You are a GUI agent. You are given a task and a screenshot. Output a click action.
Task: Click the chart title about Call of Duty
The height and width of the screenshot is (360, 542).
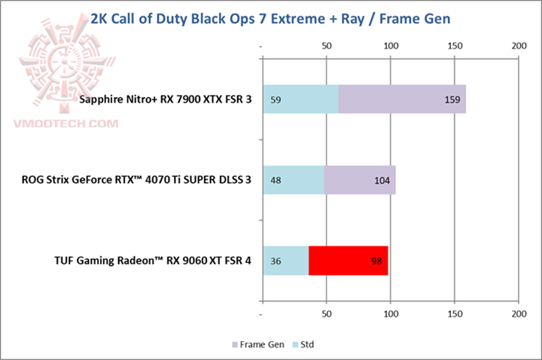pos(270,18)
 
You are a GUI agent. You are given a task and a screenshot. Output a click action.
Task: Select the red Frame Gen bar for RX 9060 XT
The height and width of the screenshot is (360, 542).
pos(349,260)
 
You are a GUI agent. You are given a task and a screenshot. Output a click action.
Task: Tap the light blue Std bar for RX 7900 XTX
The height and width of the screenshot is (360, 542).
pos(300,99)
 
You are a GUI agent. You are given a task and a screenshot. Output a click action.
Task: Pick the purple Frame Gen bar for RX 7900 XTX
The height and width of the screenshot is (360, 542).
pos(402,99)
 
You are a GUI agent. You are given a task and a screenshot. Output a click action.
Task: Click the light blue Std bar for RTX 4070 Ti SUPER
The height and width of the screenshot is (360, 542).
pos(293,180)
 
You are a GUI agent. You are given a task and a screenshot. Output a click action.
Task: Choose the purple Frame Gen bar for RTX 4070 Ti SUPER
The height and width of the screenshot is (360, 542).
pos(360,180)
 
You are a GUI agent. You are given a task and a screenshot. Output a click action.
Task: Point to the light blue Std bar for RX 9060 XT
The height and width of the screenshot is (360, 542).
pos(285,260)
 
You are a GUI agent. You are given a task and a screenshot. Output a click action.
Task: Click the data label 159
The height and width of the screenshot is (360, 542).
pos(453,99)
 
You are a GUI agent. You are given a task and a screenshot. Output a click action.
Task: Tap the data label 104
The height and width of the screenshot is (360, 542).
pos(383,180)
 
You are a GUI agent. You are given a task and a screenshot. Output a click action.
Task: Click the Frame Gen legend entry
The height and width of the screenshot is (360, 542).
pos(257,345)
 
